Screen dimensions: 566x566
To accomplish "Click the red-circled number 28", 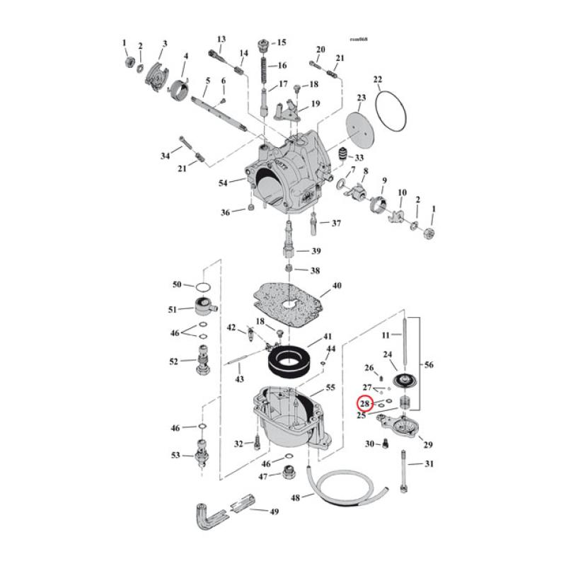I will (365, 404).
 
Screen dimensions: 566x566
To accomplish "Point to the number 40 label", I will (336, 287).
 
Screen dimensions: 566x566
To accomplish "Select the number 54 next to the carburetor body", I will (224, 183).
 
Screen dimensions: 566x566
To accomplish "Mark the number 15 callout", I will (282, 42).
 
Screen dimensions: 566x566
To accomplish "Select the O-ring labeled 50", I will (202, 287).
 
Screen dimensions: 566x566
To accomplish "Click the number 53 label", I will (175, 455).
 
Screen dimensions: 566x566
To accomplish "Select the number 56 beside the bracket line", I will (430, 365).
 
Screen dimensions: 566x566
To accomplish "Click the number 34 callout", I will (166, 156).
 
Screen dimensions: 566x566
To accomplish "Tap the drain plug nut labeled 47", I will (288, 473).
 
